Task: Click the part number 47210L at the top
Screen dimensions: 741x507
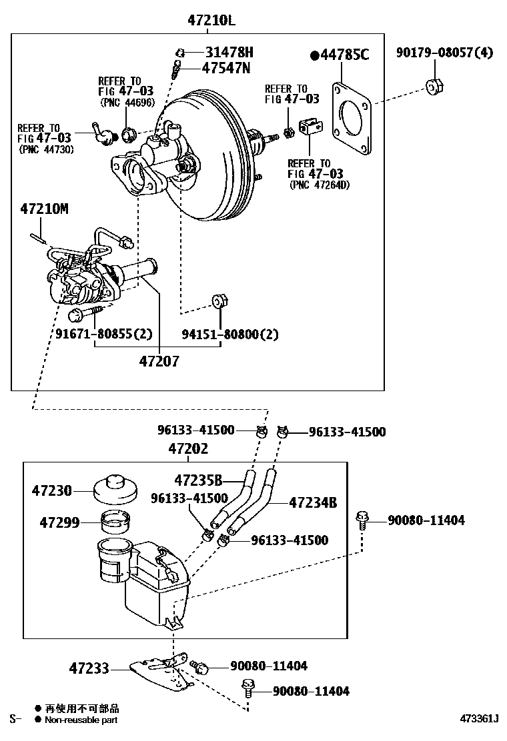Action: click(211, 20)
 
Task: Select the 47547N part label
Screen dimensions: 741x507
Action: click(226, 67)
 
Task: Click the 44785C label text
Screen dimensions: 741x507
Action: click(344, 55)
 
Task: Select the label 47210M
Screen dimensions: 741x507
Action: click(44, 209)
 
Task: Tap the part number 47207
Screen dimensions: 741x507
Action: click(159, 361)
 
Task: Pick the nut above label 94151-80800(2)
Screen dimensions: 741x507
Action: click(219, 301)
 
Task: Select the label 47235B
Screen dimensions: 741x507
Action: click(198, 480)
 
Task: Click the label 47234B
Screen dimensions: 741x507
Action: click(313, 503)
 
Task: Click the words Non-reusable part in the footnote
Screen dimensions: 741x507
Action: click(82, 720)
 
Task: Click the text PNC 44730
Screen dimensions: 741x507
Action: click(45, 149)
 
